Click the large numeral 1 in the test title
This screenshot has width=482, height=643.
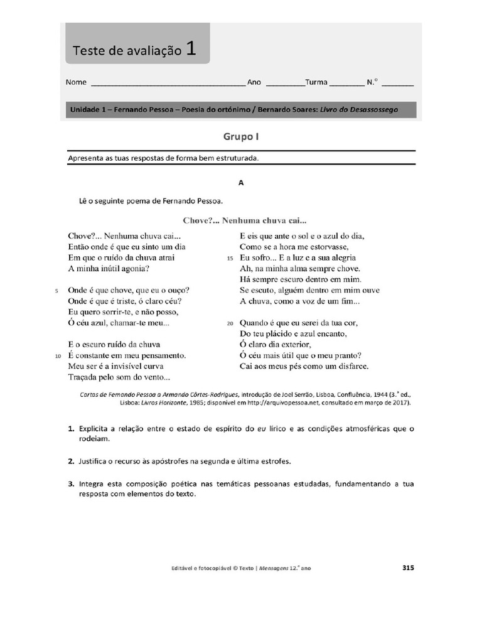tap(191, 50)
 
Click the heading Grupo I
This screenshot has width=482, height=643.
tap(241, 136)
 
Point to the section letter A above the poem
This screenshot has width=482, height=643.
tap(240, 183)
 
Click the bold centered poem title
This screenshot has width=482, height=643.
tap(244, 220)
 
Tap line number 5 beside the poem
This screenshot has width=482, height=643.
tap(56, 291)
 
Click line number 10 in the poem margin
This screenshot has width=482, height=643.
tap(58, 355)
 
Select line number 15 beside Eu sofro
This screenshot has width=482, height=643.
tap(230, 258)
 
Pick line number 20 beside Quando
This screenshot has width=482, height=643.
tap(230, 323)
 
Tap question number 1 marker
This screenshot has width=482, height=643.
tap(72, 429)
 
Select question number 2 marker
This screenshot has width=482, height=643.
tap(72, 462)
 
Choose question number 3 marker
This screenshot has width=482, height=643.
tap(72, 484)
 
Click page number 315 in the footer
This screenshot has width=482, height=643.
tap(408, 568)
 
